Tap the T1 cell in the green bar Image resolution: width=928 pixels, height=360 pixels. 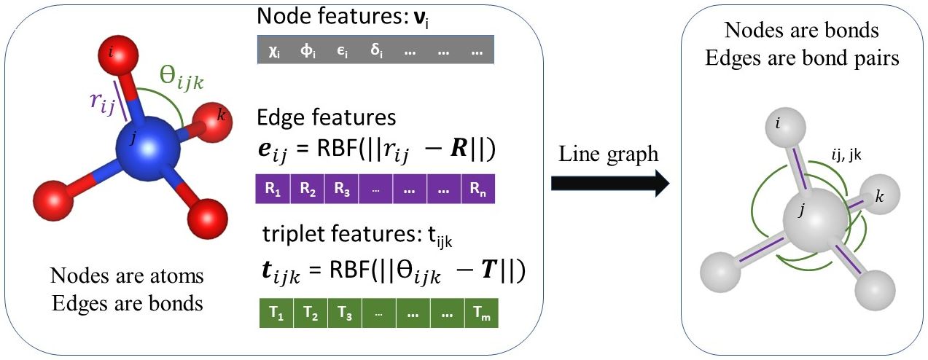tap(276, 313)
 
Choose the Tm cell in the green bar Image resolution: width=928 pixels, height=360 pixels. tap(480, 313)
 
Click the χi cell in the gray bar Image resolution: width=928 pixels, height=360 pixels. tap(274, 52)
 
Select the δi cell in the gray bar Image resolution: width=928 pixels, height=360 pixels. tap(376, 52)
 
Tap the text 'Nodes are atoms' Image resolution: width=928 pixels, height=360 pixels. tap(126, 276)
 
